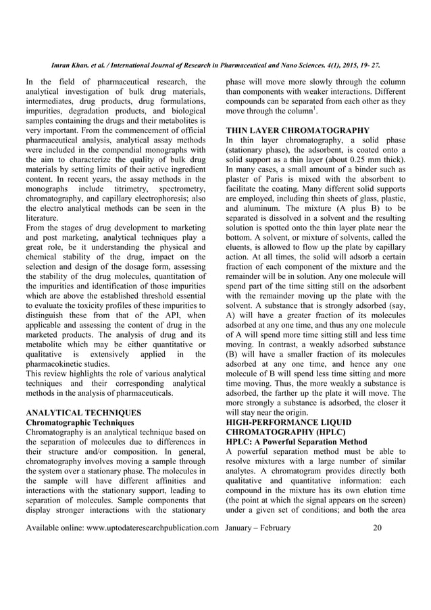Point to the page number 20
pyautogui.click(x=387, y=528)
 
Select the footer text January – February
pyautogui.click(x=258, y=528)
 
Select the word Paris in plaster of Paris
pyautogui.click(x=265, y=179)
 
